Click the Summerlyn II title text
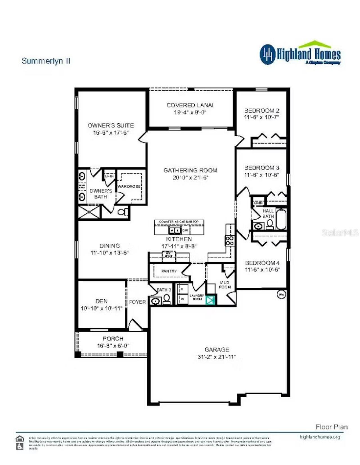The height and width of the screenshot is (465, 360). (x=46, y=61)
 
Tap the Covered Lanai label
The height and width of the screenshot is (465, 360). (x=190, y=105)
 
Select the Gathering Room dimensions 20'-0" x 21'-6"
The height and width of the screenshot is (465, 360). (x=190, y=178)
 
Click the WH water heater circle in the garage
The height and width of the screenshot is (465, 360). (x=281, y=294)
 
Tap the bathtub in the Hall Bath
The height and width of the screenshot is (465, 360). (x=281, y=219)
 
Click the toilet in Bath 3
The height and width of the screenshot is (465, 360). (x=167, y=300)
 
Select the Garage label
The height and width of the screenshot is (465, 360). (x=217, y=350)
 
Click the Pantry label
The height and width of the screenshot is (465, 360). (x=169, y=271)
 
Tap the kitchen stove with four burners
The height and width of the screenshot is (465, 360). (x=229, y=241)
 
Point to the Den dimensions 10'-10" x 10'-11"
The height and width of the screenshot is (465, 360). (x=102, y=309)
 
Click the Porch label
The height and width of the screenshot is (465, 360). (x=113, y=339)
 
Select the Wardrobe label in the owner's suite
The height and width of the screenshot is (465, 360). (x=129, y=187)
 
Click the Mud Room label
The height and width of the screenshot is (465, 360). (x=225, y=285)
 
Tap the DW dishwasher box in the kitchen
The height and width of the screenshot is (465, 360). (x=185, y=230)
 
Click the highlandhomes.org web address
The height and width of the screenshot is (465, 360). (x=320, y=437)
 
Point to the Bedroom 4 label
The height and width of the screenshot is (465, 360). (x=262, y=263)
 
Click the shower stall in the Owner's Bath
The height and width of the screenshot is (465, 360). (x=89, y=212)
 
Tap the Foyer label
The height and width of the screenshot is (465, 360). (x=137, y=302)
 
